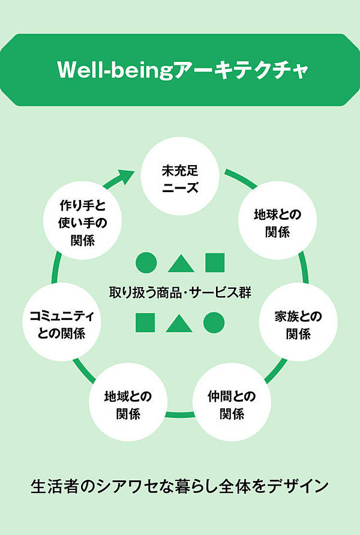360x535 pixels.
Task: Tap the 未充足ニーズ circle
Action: (x=179, y=178)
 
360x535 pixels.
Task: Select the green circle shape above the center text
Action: (x=146, y=263)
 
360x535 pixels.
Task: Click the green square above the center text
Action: (x=214, y=263)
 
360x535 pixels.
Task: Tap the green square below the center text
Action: (x=145, y=322)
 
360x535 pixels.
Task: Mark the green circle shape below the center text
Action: (x=214, y=322)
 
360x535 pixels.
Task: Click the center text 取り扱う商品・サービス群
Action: (x=179, y=293)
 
